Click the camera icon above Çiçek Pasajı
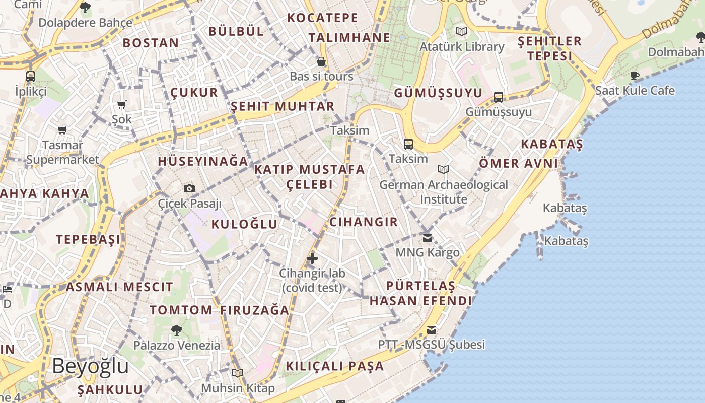189,189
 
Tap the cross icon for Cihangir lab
312,258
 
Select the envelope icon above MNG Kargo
428,238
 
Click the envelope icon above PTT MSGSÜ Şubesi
432,330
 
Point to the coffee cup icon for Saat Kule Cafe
635,76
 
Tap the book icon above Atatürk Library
462,32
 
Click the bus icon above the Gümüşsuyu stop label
499,97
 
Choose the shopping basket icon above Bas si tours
321,62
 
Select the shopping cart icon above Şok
121,105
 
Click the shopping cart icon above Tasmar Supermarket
62,130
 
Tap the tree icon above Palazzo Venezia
177,330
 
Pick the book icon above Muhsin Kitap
238,373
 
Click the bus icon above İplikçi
31,77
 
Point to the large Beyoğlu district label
90,366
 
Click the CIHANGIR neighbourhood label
364,222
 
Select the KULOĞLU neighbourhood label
244,225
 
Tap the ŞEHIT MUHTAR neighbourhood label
283,107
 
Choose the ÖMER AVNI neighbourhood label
518,163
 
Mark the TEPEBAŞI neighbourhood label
89,239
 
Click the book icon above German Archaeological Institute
444,170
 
